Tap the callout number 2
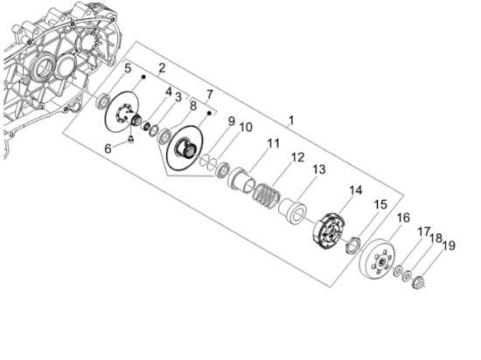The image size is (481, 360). pos(161,67)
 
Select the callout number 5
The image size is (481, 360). pos(127,68)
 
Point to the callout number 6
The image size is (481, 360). pos(108,149)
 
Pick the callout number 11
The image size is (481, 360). pos(274,142)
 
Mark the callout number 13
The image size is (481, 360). pos(319,169)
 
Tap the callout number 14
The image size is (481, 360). pos(355,190)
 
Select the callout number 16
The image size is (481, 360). pos(404,218)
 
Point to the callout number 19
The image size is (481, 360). pos(450,246)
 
